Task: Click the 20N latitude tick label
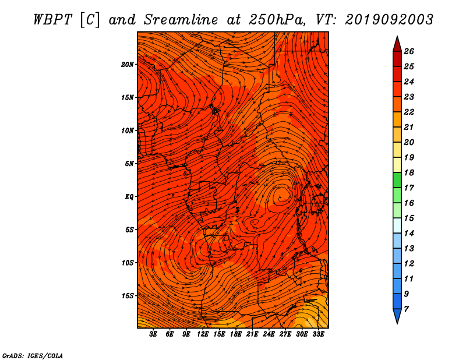click(127, 65)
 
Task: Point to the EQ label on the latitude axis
click(129, 197)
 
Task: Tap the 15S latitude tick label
click(127, 296)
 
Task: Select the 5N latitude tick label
click(129, 164)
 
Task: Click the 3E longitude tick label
click(153, 334)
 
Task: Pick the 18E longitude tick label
click(236, 334)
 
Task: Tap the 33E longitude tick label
click(318, 334)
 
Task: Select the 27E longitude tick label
click(285, 334)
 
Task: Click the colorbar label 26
click(409, 51)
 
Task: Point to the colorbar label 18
click(409, 172)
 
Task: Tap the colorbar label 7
click(406, 309)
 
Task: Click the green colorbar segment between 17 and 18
click(397, 180)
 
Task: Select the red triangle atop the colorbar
click(397, 45)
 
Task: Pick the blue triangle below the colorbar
click(397, 316)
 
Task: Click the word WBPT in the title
click(52, 20)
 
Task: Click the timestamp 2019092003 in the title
click(389, 20)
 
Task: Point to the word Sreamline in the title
click(181, 20)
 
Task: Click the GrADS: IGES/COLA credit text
click(33, 355)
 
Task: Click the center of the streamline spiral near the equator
click(280, 197)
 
